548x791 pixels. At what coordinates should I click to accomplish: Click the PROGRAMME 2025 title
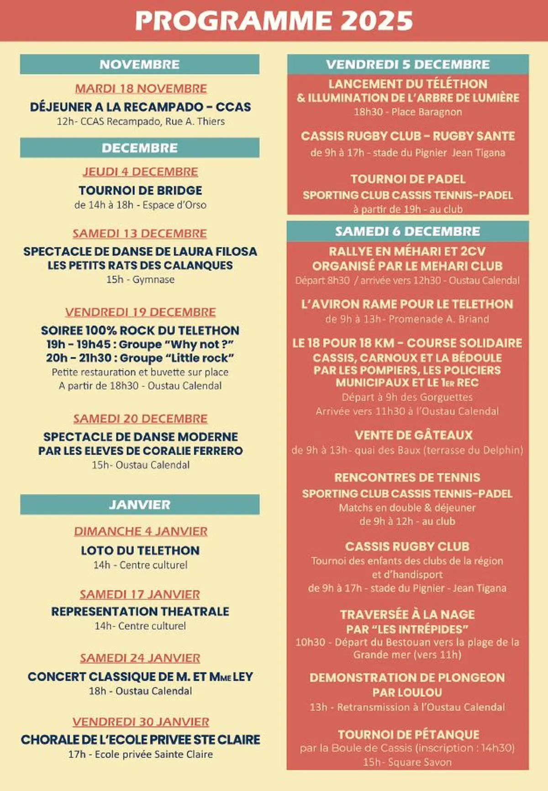click(274, 21)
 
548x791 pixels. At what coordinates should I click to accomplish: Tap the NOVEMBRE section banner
click(139, 64)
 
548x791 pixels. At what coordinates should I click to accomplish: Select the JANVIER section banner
click(139, 504)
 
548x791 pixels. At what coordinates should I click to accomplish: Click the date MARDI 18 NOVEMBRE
click(141, 89)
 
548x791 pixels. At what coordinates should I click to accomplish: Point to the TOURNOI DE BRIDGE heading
click(140, 190)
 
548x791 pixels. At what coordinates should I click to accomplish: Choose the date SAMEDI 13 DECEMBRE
click(140, 233)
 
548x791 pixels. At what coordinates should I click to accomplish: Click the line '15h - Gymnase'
click(140, 279)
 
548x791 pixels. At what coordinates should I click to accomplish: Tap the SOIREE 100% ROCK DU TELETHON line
click(140, 330)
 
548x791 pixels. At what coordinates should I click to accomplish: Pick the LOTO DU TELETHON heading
click(140, 550)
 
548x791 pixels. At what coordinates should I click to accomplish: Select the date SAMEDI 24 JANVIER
click(140, 658)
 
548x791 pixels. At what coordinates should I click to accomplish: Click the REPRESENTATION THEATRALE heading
click(140, 612)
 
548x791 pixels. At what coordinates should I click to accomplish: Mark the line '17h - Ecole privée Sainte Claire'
click(140, 754)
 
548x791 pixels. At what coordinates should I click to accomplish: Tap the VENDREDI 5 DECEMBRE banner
click(407, 64)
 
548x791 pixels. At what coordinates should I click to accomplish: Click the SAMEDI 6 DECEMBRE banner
click(407, 231)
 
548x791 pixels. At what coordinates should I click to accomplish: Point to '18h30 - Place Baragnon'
click(407, 112)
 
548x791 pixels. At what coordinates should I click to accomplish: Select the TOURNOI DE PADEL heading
click(408, 179)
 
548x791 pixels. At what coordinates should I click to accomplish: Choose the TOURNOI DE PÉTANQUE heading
click(408, 734)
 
